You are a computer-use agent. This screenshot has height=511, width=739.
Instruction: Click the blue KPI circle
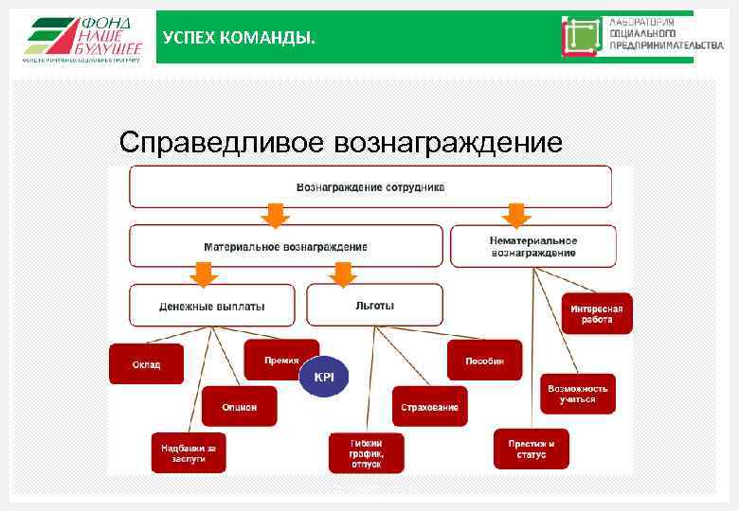tap(324, 377)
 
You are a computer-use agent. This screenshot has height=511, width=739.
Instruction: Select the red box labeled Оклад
tap(146, 364)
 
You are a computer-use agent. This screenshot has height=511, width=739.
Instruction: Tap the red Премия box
tap(281, 360)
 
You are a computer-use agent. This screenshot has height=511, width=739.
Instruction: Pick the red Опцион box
tap(239, 406)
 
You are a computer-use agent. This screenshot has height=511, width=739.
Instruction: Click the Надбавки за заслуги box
tap(189, 452)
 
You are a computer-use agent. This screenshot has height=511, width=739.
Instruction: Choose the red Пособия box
tap(484, 361)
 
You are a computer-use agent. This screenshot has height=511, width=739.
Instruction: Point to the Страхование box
tap(429, 406)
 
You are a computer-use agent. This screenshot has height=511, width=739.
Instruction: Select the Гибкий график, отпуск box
tap(366, 453)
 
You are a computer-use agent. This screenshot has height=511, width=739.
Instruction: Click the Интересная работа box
tap(597, 313)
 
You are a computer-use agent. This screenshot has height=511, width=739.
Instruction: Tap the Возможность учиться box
tap(577, 394)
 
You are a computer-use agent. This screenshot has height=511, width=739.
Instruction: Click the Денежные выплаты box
tap(212, 306)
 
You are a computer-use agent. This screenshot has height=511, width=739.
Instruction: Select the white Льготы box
tap(374, 306)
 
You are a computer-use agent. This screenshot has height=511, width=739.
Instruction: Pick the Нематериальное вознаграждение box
tap(532, 246)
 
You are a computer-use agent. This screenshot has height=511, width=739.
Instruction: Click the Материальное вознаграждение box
tap(285, 246)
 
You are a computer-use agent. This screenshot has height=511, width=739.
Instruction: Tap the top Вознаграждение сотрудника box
tap(369, 187)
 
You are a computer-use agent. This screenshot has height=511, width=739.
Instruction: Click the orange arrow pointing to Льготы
tap(343, 273)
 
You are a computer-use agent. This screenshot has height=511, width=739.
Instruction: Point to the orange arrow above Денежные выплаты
tap(204, 273)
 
